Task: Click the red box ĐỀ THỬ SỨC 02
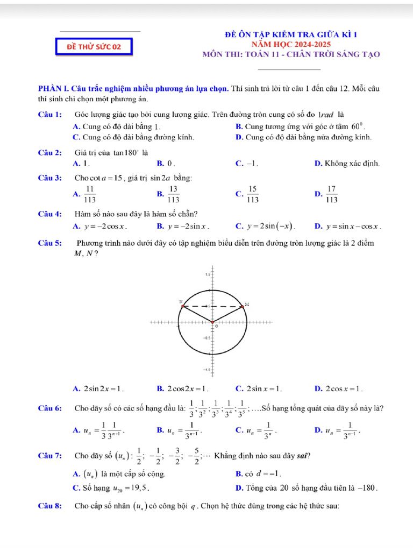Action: pyautogui.click(x=94, y=47)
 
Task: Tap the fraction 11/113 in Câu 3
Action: pyautogui.click(x=90, y=194)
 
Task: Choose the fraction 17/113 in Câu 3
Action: pyautogui.click(x=332, y=194)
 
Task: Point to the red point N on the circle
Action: pyautogui.click(x=183, y=306)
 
